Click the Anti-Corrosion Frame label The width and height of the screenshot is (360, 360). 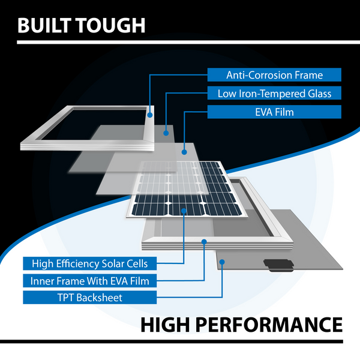tap(274, 74)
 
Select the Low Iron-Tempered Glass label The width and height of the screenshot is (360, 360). tap(274, 93)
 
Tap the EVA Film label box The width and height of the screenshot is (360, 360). tap(274, 112)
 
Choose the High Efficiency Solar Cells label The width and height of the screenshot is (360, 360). tap(90, 263)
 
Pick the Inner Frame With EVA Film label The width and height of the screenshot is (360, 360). tap(90, 281)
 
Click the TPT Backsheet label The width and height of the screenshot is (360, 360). tap(90, 298)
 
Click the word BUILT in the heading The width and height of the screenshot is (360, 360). tap(46, 25)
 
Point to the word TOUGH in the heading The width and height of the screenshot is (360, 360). tap(111, 25)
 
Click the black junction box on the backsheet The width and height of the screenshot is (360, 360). tap(279, 265)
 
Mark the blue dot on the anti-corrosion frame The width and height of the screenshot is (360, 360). tap(150, 115)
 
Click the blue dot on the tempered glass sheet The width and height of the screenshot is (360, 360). tap(166, 133)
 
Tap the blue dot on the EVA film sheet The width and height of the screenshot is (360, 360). tap(184, 152)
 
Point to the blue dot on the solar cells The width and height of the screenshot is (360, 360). tap(184, 211)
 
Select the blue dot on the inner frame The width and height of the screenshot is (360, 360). tap(204, 242)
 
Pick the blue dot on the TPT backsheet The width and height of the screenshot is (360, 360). tap(222, 262)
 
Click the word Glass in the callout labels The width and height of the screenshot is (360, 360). tap(320, 94)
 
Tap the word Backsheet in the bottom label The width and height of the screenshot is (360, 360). tap(99, 298)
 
